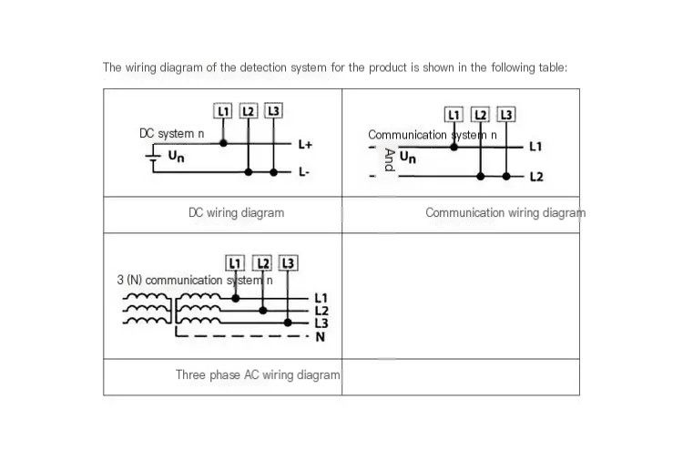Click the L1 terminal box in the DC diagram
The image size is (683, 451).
(x=222, y=111)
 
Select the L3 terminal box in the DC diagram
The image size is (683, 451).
(x=273, y=111)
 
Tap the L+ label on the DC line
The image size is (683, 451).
(x=305, y=144)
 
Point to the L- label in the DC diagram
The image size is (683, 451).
(x=303, y=172)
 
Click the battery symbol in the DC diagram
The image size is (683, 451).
(x=152, y=158)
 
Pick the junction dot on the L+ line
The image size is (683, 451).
(x=223, y=143)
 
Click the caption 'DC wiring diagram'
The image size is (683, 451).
(x=236, y=212)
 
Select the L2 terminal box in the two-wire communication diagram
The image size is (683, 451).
(x=480, y=115)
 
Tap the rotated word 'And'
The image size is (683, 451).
(x=389, y=160)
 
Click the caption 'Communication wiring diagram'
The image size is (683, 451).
(x=505, y=212)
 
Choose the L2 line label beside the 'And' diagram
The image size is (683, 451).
(x=536, y=177)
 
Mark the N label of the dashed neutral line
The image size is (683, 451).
(x=321, y=337)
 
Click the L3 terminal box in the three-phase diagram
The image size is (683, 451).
(x=288, y=263)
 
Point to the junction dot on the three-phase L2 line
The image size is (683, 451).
(x=262, y=311)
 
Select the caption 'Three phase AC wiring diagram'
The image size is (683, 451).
(x=258, y=374)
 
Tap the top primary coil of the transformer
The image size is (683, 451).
(x=146, y=296)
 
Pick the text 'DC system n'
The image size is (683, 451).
(x=171, y=133)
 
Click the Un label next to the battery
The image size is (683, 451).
(x=176, y=156)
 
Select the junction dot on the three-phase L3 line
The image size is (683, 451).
(x=288, y=323)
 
